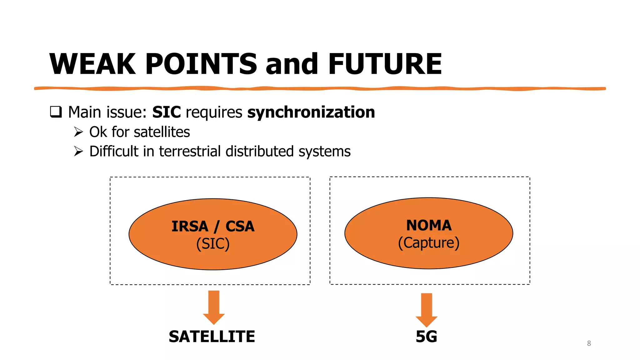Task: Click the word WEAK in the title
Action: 93,64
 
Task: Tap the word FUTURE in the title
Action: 385,64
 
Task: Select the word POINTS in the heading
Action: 201,64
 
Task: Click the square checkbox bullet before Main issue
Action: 56,112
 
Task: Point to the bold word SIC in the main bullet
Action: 166,112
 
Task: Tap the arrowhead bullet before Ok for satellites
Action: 78,132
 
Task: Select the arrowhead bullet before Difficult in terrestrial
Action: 78,151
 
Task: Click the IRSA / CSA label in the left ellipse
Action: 213,226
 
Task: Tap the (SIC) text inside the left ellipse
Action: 213,244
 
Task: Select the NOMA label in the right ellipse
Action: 429,225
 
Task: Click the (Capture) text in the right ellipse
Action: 429,243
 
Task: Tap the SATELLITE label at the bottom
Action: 212,337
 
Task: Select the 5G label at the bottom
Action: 426,337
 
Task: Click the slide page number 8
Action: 589,343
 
